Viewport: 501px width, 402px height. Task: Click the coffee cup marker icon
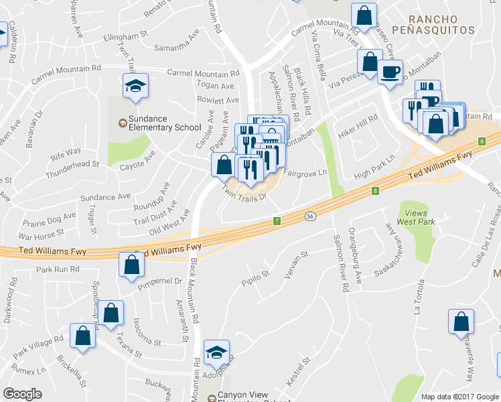(x=390, y=71)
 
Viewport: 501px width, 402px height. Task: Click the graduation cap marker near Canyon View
(x=216, y=352)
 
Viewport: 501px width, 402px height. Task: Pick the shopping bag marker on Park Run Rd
(x=131, y=264)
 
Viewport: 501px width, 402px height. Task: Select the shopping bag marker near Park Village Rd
(x=82, y=336)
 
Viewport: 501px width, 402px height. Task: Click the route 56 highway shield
(x=310, y=216)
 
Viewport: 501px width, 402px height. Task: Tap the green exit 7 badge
(x=276, y=220)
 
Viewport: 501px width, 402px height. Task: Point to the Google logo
(x=22, y=394)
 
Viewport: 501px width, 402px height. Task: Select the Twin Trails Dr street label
(x=245, y=194)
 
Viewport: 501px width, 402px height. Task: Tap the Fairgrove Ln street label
(x=305, y=172)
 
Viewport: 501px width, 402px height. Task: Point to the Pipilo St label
(x=256, y=274)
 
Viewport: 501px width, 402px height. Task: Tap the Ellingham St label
(x=125, y=34)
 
